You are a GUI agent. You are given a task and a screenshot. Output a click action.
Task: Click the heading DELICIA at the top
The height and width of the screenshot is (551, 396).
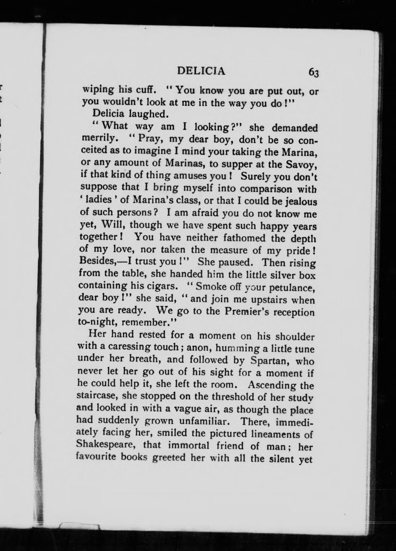click(201, 71)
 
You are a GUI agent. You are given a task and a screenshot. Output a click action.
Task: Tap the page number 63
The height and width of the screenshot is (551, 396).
click(313, 72)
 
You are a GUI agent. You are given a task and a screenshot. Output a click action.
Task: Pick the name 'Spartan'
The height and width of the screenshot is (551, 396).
click(270, 361)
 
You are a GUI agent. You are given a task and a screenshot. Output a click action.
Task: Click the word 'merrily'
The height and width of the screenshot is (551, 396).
click(98, 138)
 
